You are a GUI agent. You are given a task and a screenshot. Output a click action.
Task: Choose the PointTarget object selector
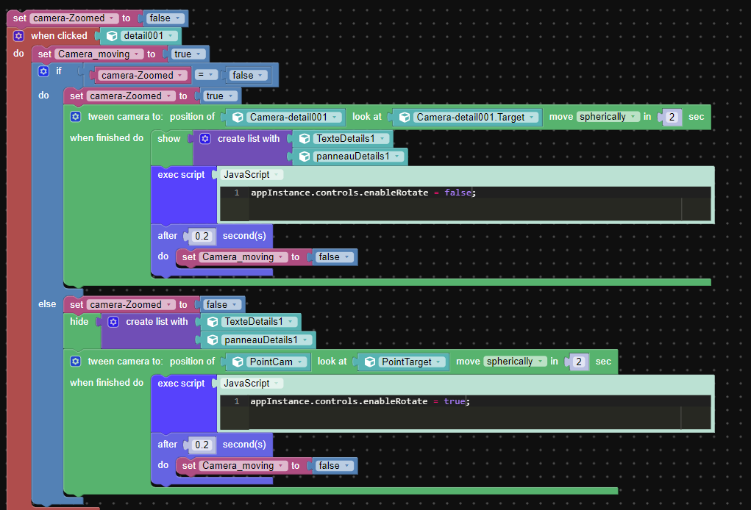[x=403, y=362]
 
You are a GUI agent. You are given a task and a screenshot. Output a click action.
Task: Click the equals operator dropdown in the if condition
[x=206, y=75]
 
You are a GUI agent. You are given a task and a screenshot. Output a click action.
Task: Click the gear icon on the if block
[x=43, y=71]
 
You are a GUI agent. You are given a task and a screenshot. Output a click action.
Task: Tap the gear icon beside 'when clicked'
[x=18, y=36]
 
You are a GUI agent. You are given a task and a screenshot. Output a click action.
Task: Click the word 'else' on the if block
[x=47, y=304]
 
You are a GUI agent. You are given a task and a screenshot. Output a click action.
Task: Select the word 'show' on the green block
[x=169, y=139]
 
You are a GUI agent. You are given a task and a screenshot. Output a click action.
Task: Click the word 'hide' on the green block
[x=79, y=321]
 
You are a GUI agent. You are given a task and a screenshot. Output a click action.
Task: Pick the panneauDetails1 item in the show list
[x=350, y=157]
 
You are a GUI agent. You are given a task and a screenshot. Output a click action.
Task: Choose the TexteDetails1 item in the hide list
[x=252, y=322]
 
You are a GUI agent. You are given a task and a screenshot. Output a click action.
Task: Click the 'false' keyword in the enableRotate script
[x=458, y=193]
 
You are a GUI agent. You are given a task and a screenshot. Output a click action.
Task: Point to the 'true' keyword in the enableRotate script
[x=454, y=401]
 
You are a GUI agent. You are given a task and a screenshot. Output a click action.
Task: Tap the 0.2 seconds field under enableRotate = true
[x=202, y=445]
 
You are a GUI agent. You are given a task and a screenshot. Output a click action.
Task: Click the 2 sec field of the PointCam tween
[x=579, y=362]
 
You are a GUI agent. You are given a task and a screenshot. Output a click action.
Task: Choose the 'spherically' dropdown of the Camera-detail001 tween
[x=608, y=117]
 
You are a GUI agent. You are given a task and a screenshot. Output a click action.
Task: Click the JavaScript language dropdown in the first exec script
[x=252, y=175]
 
